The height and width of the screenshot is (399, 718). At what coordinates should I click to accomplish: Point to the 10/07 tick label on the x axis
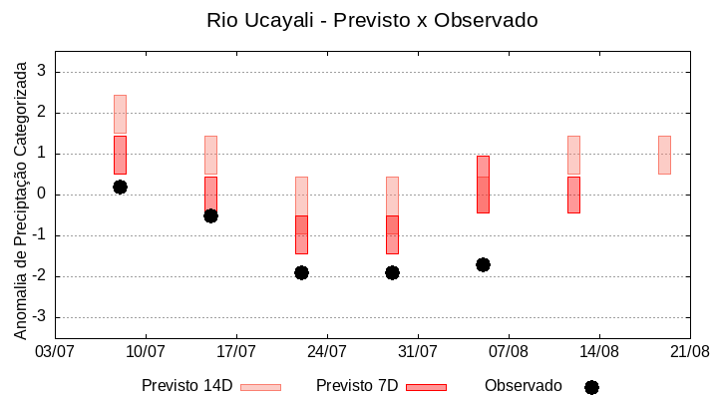coord(146,351)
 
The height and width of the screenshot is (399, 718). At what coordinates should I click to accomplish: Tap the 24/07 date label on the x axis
coord(327,351)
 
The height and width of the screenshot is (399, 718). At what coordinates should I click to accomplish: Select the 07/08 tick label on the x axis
coord(509,351)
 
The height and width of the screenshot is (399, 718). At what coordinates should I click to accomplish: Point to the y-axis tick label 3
coord(42,72)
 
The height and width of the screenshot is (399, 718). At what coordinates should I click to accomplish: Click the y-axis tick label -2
coord(39,276)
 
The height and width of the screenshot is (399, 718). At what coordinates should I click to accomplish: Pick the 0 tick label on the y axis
coord(42,195)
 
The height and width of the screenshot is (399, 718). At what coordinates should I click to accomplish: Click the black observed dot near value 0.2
coord(120,187)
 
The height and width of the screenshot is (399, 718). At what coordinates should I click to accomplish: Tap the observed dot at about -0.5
coord(210,215)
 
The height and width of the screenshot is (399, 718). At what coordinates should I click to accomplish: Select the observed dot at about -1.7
coord(483,264)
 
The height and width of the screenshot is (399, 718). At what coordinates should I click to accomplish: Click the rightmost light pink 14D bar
coord(664,155)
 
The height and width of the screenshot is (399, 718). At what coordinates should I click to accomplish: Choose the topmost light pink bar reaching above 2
coord(120,114)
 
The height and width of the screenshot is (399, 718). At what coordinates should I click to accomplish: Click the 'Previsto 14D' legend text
coord(186,386)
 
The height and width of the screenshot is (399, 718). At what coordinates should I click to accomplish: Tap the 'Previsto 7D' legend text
coord(357,386)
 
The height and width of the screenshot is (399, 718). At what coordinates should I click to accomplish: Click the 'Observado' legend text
coord(524,386)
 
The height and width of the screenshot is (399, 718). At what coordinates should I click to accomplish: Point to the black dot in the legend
coord(591,387)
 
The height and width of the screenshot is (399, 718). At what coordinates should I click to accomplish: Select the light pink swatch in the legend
coord(260,387)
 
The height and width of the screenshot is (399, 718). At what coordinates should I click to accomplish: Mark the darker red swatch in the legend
coord(426,387)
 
